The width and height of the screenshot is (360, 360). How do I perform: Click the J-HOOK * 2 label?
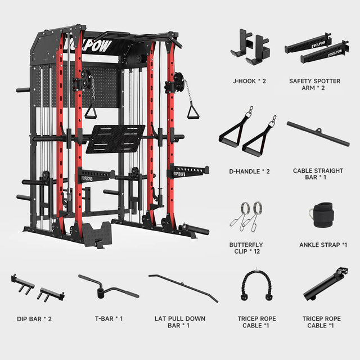tap(249, 81)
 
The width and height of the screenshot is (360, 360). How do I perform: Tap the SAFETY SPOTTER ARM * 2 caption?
tap(314, 84)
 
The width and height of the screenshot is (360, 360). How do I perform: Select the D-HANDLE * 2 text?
tap(249, 172)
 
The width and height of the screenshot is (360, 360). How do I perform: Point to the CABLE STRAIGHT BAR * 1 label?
tap(318, 174)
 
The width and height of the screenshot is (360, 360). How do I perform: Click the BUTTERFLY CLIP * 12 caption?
tap(246, 248)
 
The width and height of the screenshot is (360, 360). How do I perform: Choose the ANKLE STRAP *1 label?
tap(323, 245)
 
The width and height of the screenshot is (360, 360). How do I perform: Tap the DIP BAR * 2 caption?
tap(34, 319)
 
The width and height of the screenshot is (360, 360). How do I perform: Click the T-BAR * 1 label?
tap(109, 319)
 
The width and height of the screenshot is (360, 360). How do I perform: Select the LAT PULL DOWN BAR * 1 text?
tap(180, 322)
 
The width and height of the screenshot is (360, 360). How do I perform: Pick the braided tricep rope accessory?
tap(256, 285)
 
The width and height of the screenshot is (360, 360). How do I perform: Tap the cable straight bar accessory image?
tap(318, 134)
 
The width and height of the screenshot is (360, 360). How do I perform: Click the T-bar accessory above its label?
tap(109, 287)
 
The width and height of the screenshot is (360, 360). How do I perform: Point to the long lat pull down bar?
tap(183, 288)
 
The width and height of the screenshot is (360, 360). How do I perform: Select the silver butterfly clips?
tap(246, 217)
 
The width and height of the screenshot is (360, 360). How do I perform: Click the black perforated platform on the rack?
tap(115, 139)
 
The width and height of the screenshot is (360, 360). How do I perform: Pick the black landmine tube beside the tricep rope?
tap(325, 283)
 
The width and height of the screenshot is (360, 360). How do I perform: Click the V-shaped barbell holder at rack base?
tap(97, 235)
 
